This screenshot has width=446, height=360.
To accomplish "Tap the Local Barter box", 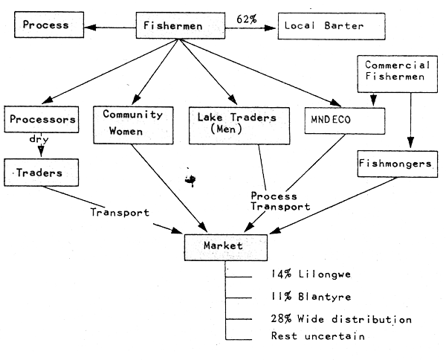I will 332,26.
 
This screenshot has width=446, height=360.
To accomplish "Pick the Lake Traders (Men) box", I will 233,123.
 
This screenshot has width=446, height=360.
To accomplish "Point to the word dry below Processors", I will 39,139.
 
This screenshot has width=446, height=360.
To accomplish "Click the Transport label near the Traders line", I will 119,211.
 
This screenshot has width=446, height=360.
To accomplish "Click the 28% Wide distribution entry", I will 341,318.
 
